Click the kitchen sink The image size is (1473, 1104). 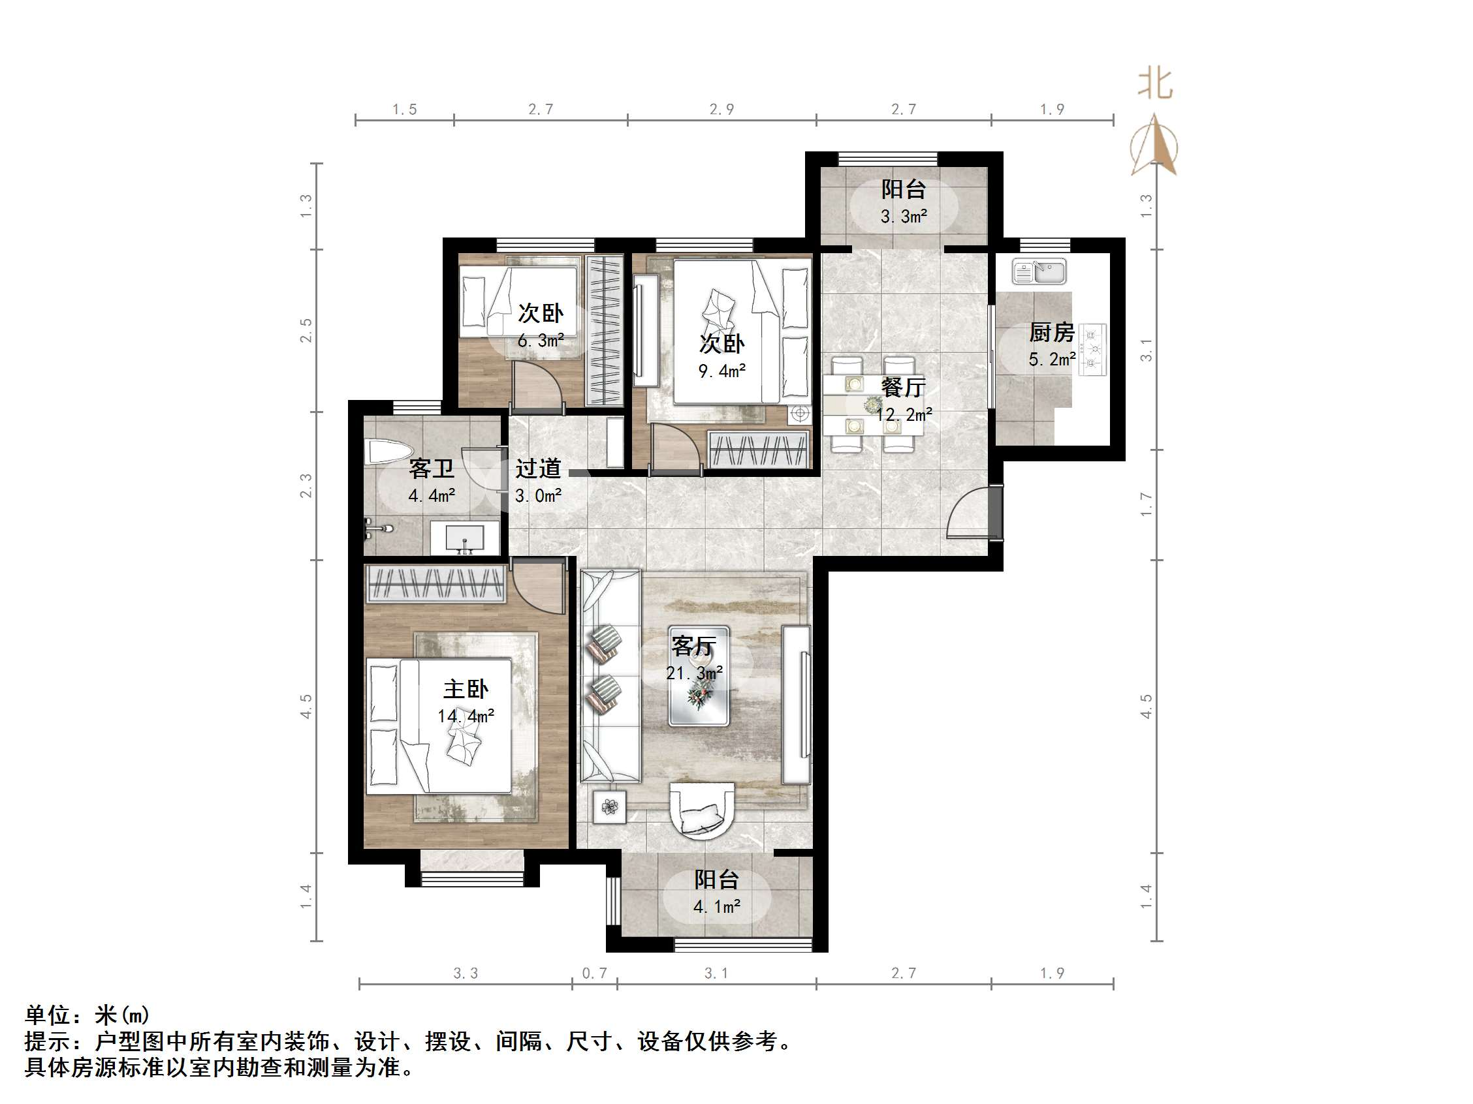(x=1039, y=271)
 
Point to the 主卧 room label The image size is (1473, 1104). (x=466, y=689)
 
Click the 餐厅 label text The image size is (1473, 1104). (x=903, y=387)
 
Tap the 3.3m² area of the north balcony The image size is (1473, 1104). (x=904, y=216)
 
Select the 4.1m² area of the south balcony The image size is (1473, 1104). (x=716, y=906)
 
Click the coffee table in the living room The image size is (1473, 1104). (x=699, y=675)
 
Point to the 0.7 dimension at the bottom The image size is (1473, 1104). (x=594, y=973)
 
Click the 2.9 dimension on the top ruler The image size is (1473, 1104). (x=721, y=109)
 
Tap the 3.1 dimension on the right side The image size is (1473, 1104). (x=1146, y=349)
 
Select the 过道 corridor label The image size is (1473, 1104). (x=538, y=468)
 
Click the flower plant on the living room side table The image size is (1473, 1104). (x=609, y=807)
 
